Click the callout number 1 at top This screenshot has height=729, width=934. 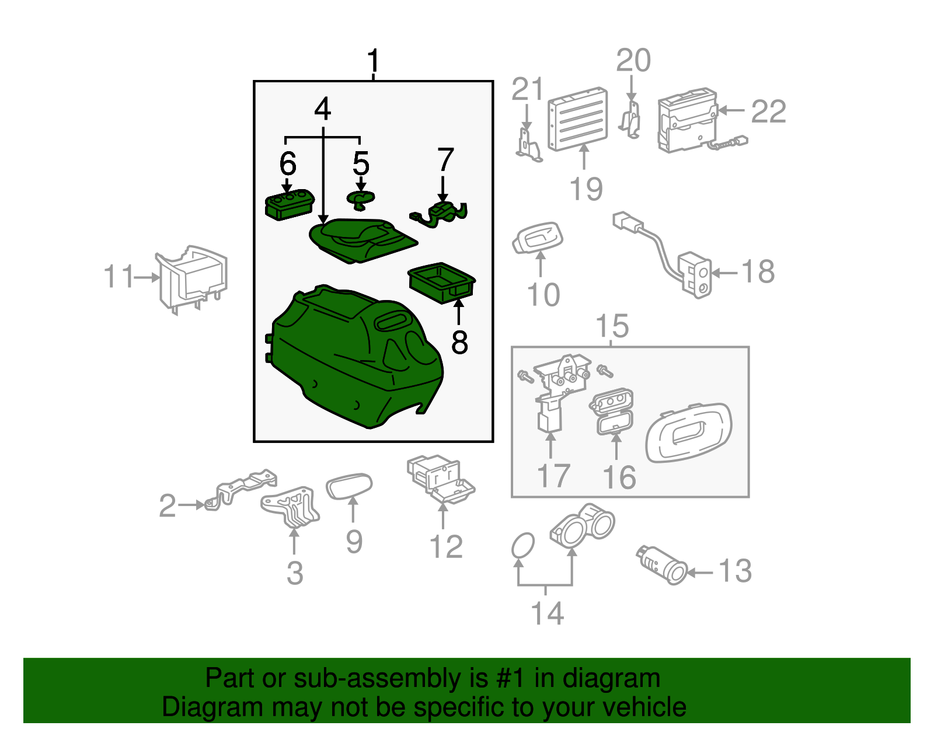point(373,61)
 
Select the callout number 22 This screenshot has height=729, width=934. point(768,111)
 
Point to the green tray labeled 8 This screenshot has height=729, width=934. point(442,282)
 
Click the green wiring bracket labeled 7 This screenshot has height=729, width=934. point(441,214)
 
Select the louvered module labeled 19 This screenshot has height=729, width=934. point(577,119)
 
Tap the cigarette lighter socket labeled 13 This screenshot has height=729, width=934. point(663,564)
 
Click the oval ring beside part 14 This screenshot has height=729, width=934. point(522,546)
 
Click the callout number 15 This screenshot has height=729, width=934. point(612,326)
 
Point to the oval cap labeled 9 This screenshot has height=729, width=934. point(348,486)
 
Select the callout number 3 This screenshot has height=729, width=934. point(295,573)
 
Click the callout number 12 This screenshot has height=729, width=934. point(445,547)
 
